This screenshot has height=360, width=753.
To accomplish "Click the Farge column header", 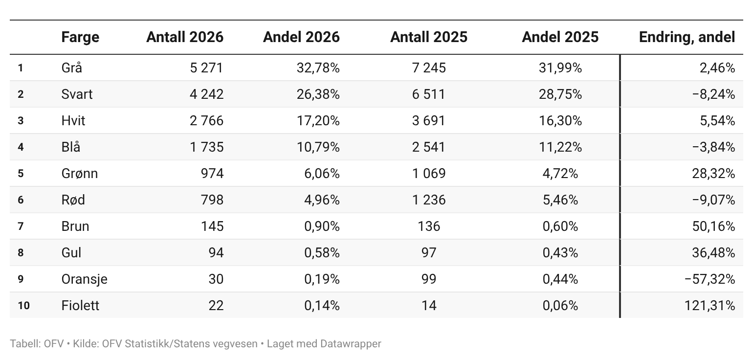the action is [80, 37].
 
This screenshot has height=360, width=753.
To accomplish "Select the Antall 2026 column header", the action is [185, 37].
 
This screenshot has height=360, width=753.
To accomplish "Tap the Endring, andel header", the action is [687, 37].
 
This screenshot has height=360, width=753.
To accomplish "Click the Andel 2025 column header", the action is [560, 37].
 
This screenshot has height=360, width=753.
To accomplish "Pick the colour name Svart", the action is [77, 94].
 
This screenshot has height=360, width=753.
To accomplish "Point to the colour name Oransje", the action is [85, 279].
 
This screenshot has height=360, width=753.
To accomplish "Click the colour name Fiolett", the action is [80, 306].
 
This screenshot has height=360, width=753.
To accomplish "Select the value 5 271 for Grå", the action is [206, 68].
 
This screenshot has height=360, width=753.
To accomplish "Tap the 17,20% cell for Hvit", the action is [318, 121].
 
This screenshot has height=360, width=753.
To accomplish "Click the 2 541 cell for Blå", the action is [429, 147].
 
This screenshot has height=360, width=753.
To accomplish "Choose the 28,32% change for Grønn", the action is [713, 174].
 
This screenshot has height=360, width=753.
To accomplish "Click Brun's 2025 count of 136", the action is [429, 226].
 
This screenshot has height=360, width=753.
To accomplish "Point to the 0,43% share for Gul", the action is [560, 253].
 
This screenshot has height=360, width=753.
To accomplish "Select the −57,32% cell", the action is [709, 279].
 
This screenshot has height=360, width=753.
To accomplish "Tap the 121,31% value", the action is [709, 306].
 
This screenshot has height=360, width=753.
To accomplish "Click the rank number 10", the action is [23, 306].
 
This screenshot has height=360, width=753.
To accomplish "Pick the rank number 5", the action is [21, 174].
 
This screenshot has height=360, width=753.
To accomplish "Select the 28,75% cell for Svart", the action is [560, 94].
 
